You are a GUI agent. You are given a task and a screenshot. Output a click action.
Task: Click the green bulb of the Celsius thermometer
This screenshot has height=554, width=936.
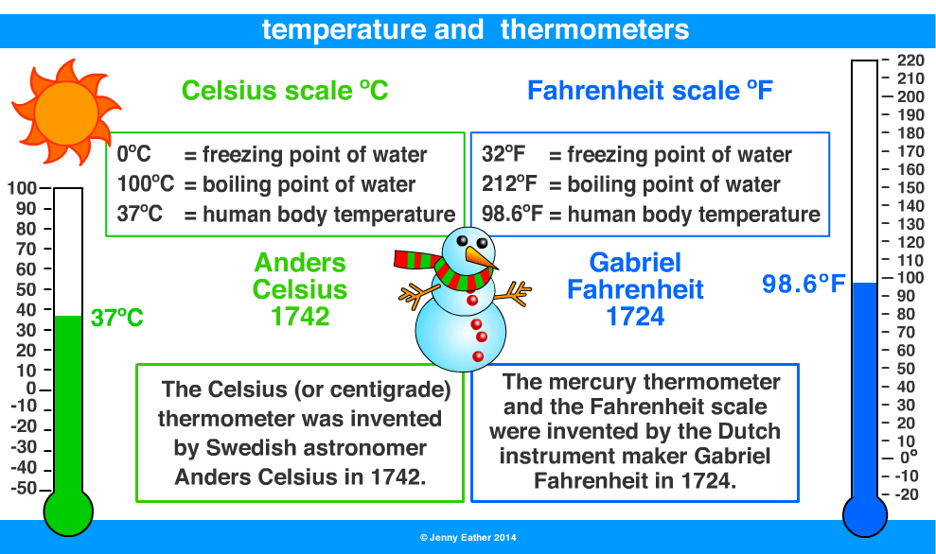point(68,511)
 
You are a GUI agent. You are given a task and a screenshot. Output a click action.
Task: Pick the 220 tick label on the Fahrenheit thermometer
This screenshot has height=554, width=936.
point(910,60)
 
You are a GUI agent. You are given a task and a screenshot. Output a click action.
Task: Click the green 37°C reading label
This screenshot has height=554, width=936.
point(117,319)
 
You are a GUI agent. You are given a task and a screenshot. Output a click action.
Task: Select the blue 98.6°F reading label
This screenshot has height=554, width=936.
point(804,284)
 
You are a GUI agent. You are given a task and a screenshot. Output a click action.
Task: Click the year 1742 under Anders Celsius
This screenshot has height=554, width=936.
point(300,317)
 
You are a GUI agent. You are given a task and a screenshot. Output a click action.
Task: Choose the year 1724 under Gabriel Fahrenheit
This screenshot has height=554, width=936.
point(635,317)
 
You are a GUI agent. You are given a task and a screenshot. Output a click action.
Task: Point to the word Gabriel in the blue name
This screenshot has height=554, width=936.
point(635,262)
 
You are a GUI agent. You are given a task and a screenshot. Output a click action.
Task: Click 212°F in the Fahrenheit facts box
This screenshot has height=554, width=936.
point(509,185)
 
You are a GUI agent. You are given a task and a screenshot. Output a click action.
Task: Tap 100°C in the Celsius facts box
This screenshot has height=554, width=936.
point(147,185)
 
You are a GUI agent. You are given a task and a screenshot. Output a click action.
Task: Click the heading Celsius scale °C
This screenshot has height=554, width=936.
point(285,91)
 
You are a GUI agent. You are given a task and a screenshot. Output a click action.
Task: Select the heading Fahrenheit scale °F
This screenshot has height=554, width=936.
point(650,91)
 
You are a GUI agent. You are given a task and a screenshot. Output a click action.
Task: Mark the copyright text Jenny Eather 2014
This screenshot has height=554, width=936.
point(468,537)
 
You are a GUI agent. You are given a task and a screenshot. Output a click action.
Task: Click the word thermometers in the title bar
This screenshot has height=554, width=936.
point(594,29)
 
